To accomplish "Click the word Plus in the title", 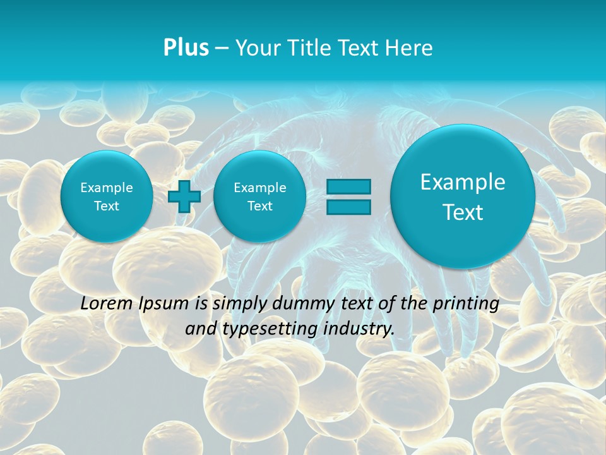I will (186, 48).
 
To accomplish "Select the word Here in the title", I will (410, 48).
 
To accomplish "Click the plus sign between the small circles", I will (184, 197).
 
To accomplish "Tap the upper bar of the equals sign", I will (348, 187).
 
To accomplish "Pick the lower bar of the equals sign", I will (348, 207).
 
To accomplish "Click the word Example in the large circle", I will (463, 182).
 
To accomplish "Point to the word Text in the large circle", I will (463, 212).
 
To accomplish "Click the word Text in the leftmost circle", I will (107, 206).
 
